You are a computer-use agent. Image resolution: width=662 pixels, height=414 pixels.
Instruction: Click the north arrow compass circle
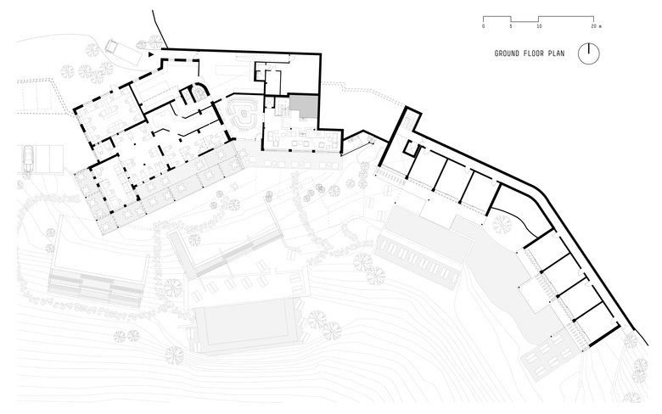(589, 53)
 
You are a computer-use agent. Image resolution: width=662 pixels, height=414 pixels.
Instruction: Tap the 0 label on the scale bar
(483, 26)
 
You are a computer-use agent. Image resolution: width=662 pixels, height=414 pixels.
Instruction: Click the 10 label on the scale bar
(539, 26)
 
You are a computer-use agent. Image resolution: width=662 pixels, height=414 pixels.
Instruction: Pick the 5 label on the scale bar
(511, 26)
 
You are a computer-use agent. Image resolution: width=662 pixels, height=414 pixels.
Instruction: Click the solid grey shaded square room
(304, 107)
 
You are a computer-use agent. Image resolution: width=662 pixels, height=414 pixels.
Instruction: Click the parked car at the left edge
(28, 158)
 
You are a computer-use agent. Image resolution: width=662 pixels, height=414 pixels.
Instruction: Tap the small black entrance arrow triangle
(153, 53)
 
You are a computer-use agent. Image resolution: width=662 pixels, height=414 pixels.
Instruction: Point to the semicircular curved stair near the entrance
(199, 92)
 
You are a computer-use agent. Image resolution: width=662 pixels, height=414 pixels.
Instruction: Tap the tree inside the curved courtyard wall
(502, 224)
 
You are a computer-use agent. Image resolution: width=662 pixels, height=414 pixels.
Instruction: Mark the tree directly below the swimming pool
(175, 355)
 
